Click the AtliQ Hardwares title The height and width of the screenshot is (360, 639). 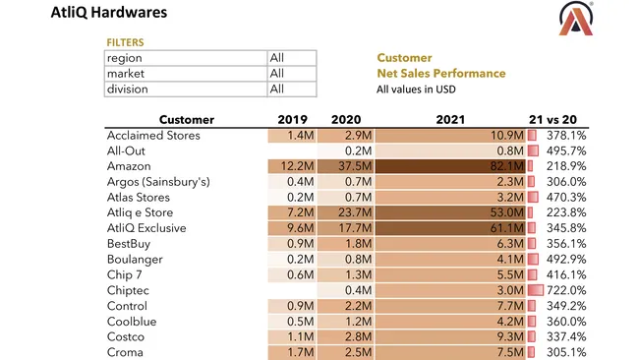pyautogui.click(x=108, y=13)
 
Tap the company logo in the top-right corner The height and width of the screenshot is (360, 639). pyautogui.click(x=577, y=19)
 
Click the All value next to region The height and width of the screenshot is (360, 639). pyautogui.click(x=277, y=58)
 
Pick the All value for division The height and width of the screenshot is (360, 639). pyautogui.click(x=277, y=90)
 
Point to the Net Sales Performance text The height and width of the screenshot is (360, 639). pyautogui.click(x=440, y=74)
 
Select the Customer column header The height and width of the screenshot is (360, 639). pyautogui.click(x=186, y=120)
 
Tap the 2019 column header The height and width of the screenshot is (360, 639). pyautogui.click(x=294, y=120)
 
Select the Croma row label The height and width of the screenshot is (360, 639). pyautogui.click(x=125, y=353)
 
